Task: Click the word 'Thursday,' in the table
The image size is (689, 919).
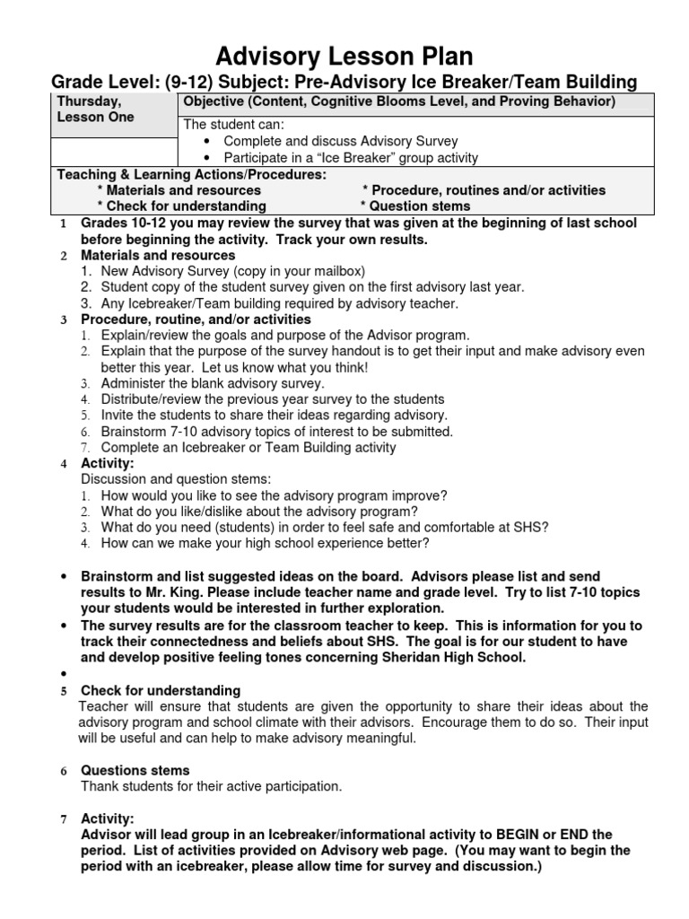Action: coord(87,101)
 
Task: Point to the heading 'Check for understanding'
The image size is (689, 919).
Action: coord(161,690)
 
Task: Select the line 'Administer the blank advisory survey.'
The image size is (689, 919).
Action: coord(213,383)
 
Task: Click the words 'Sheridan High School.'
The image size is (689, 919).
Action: coord(449,657)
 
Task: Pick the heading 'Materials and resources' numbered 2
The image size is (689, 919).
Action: coord(158,255)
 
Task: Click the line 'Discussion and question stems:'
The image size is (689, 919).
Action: coord(176,478)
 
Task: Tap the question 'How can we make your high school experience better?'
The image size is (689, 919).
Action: coord(265,543)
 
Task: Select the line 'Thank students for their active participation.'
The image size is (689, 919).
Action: coord(212,786)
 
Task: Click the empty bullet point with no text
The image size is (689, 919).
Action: coord(64,674)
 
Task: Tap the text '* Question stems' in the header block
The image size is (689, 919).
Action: coord(415,206)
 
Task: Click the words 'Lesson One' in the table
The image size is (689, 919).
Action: coord(95,118)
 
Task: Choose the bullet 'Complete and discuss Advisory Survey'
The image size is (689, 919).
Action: coord(340,141)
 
